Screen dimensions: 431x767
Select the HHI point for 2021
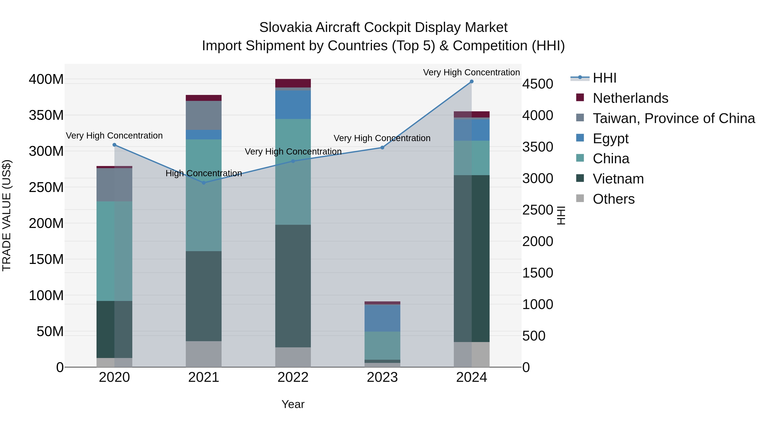204,183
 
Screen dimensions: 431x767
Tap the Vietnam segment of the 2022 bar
293,286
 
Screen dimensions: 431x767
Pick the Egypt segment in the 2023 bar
382,318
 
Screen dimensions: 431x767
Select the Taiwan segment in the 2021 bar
204,115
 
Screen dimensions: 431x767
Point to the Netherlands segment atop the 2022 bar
293,83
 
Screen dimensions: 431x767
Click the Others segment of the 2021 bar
204,354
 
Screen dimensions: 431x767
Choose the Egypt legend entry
610,139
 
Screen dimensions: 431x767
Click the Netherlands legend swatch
580,97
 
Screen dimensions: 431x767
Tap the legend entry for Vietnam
618,179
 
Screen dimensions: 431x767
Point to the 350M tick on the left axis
46,115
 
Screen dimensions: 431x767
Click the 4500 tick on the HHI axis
538,84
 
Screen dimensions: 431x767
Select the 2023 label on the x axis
382,377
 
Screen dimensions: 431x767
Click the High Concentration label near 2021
204,173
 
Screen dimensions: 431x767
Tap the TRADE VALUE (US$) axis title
7,215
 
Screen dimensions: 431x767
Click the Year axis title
293,404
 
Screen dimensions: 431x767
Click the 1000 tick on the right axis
538,304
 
